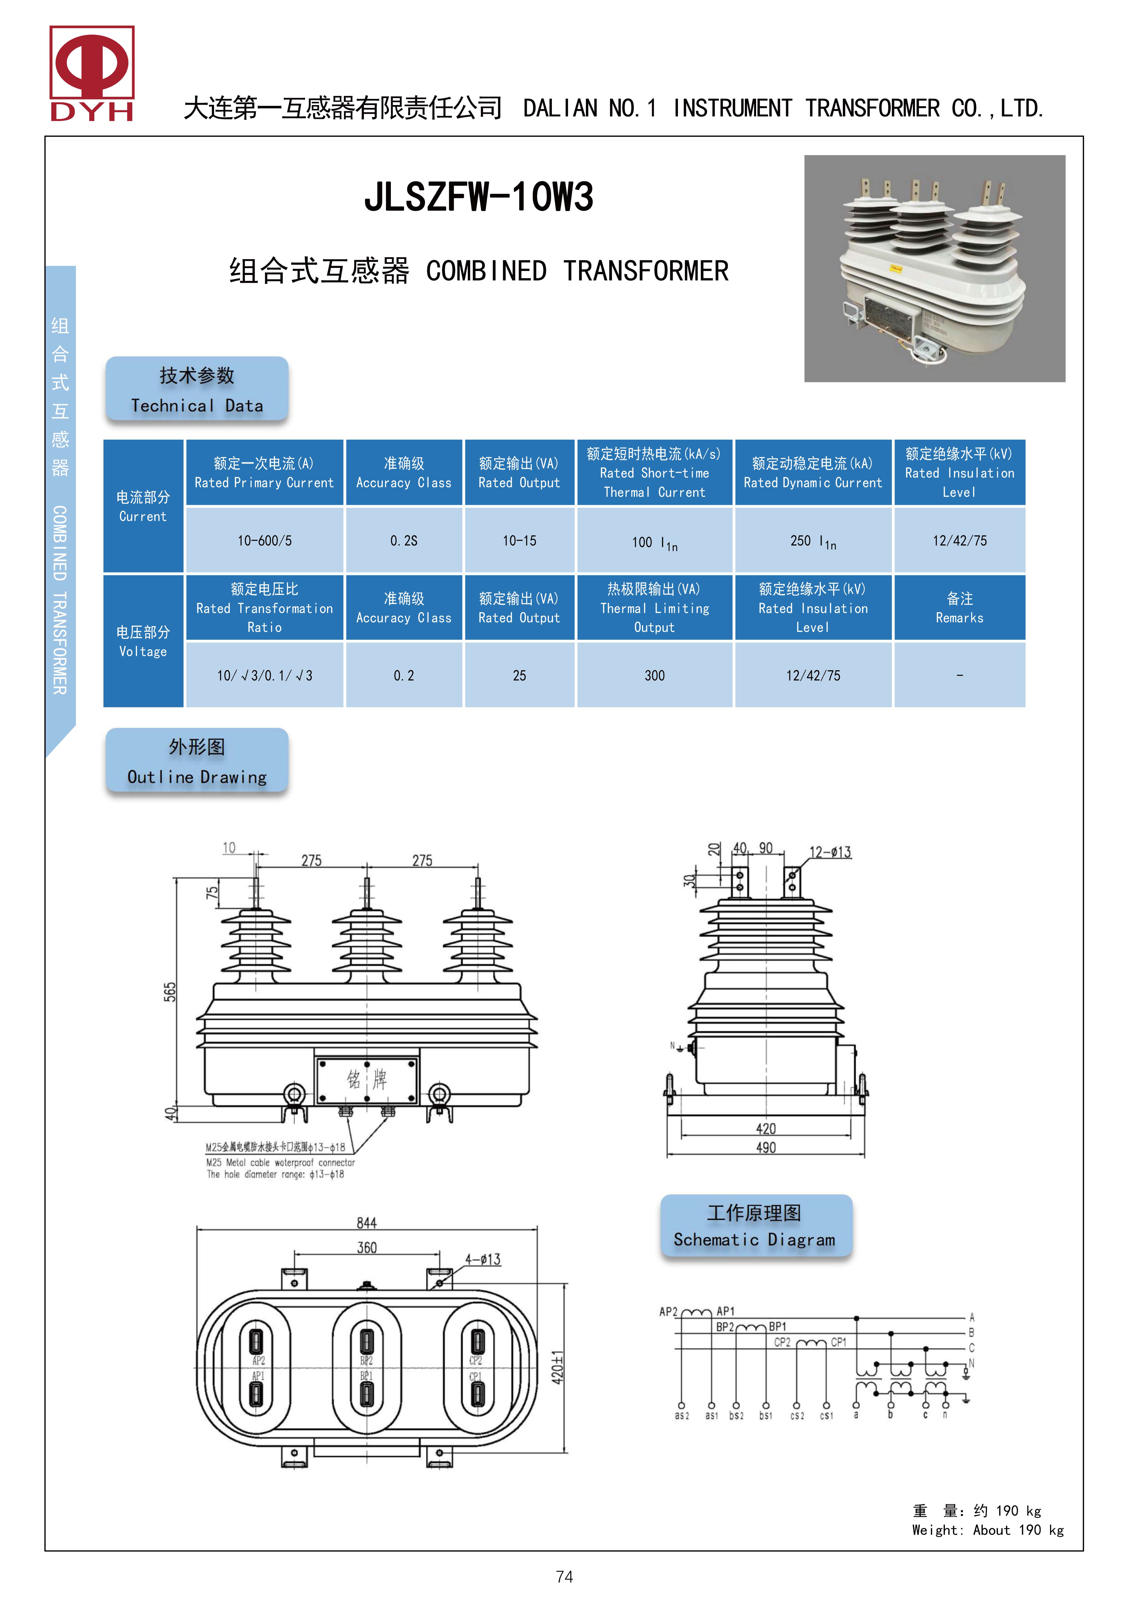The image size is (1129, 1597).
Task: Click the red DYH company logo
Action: point(92,73)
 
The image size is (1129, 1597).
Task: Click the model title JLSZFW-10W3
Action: point(479,197)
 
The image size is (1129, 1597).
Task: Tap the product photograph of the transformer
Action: point(934,268)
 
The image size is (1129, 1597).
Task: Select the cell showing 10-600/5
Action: point(264,540)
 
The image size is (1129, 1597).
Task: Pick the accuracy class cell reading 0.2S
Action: point(403,540)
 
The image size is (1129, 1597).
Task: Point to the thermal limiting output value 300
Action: point(654,675)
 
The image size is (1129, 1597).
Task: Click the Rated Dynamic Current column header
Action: point(812,472)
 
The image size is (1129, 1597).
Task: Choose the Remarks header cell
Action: point(959,607)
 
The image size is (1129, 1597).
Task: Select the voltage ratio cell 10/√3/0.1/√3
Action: point(264,675)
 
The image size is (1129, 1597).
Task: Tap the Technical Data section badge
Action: point(197,390)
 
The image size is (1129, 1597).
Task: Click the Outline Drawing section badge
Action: point(197,761)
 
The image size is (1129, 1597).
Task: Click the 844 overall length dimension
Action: point(367,1223)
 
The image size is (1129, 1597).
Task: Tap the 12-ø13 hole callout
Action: point(830,852)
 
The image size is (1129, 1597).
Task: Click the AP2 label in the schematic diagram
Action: point(668,1312)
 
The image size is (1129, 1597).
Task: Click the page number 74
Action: point(564,1577)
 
